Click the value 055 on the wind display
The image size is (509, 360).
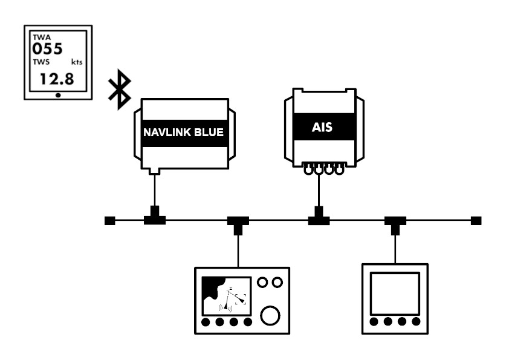48,49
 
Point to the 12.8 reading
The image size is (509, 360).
56,77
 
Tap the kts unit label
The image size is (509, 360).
76,63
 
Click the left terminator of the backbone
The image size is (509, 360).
109,221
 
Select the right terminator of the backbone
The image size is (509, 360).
476,221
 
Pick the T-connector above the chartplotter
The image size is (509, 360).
238,223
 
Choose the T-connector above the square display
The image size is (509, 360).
395,223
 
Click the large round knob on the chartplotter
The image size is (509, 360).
270,315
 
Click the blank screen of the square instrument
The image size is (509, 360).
395,293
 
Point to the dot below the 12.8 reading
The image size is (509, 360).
57,95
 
